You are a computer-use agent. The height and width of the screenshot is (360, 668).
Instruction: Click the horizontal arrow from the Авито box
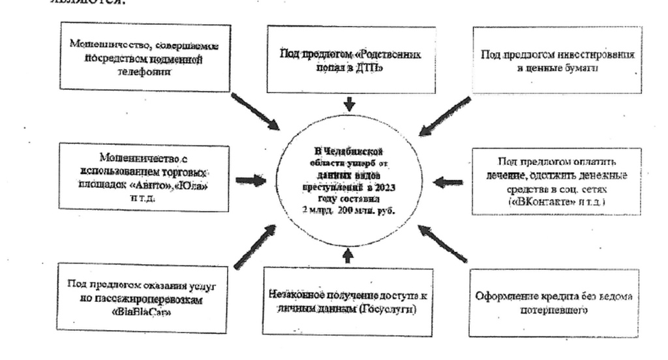(x=250, y=180)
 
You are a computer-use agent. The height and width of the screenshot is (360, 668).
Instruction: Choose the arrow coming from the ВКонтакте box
(x=448, y=183)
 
